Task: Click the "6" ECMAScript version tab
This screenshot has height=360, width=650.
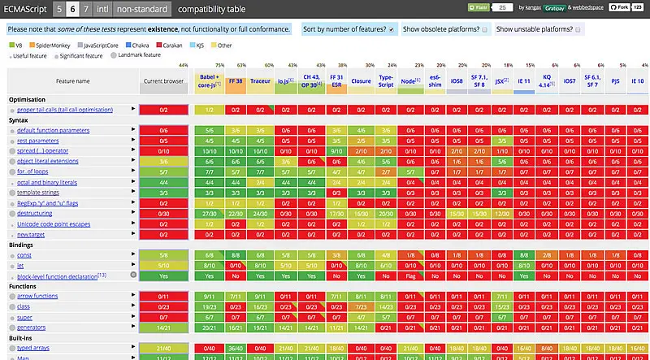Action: [73, 9]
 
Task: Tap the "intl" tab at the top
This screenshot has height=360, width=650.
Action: [102, 9]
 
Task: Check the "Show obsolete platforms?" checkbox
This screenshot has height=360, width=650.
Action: [484, 29]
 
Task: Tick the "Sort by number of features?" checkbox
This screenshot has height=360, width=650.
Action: [392, 29]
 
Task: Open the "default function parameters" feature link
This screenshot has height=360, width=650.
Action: [53, 130]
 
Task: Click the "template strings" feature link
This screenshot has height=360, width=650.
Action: [40, 192]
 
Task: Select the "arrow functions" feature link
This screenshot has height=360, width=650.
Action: [37, 296]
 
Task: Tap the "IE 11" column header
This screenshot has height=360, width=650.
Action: [523, 81]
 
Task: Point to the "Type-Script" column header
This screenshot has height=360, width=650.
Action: [387, 81]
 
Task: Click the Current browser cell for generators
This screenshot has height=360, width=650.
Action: [164, 327]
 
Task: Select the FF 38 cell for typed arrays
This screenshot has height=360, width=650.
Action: [235, 348]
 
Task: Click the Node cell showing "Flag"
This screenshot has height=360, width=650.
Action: [410, 275]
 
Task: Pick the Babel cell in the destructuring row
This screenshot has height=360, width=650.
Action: [210, 212]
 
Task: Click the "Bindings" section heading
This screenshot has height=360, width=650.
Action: [22, 244]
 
